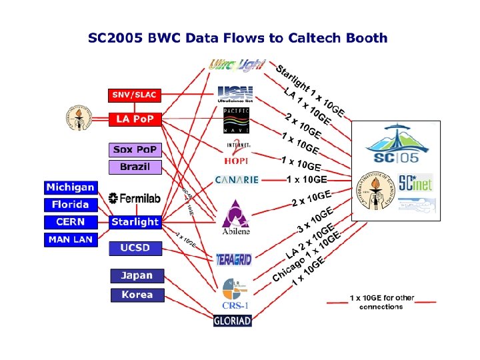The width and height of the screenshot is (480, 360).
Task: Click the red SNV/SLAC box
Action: (x=134, y=95)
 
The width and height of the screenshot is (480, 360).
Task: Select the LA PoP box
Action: (x=135, y=119)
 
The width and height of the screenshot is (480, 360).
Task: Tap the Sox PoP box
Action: (x=135, y=149)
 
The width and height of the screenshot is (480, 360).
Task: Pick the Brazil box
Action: (x=135, y=167)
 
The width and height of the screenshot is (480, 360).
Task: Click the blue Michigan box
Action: (x=71, y=187)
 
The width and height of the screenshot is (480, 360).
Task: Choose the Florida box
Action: (x=71, y=205)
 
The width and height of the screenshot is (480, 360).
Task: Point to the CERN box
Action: (x=71, y=222)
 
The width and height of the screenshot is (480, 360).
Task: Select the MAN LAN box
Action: (x=71, y=239)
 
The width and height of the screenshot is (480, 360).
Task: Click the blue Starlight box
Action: (x=135, y=222)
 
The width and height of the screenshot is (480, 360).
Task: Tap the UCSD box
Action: (x=135, y=248)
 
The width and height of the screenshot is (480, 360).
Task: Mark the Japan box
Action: (x=137, y=275)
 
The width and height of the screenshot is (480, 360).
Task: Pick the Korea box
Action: (x=137, y=295)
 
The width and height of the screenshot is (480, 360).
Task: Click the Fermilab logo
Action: (x=135, y=197)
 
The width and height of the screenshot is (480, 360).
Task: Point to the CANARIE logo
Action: (x=236, y=180)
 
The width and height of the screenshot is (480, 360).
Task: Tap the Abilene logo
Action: (x=235, y=217)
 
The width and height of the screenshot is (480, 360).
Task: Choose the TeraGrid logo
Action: (x=234, y=259)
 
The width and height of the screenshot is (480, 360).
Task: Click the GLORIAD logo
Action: (x=233, y=321)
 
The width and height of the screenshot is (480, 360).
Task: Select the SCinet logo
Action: (x=415, y=182)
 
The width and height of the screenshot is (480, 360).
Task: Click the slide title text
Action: (x=238, y=37)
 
